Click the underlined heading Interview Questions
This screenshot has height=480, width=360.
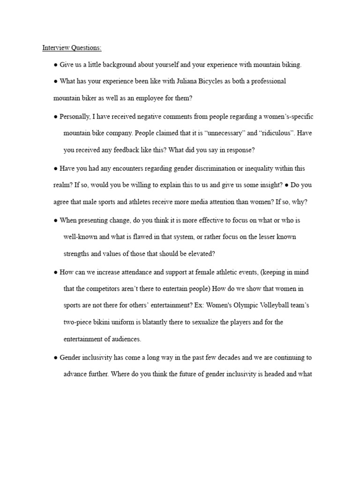click(72, 47)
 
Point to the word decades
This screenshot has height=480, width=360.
click(218, 358)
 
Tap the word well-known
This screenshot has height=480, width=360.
click(80, 237)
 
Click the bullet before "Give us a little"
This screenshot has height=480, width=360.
click(56, 65)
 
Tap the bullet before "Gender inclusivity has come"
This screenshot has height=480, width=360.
click(56, 358)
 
